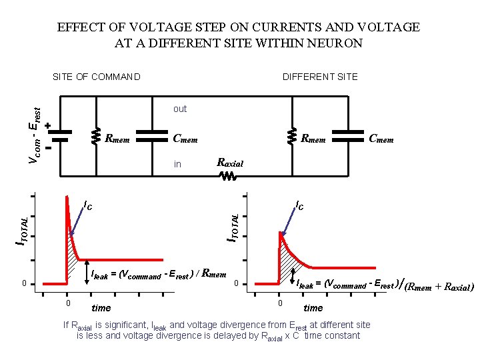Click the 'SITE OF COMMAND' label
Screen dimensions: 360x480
97,77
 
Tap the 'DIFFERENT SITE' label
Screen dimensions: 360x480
320,77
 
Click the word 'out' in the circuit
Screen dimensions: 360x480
180,109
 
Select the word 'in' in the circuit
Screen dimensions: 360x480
177,164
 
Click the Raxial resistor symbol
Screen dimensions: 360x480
227,177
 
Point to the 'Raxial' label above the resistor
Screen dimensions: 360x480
231,163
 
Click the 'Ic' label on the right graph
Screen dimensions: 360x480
300,206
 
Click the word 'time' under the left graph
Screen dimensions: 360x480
101,308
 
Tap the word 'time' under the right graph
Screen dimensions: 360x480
313,308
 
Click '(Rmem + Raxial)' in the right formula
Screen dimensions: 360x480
439,288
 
